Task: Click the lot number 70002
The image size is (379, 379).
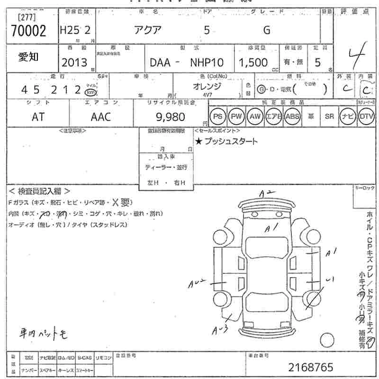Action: [x=28, y=31]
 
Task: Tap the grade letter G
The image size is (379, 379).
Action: [x=267, y=30]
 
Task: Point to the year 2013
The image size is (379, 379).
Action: [x=74, y=62]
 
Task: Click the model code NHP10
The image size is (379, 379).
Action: [x=207, y=62]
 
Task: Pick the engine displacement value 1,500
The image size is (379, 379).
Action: [x=254, y=62]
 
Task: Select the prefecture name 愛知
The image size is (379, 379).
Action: [x=28, y=57]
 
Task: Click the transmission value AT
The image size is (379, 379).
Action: [x=38, y=117]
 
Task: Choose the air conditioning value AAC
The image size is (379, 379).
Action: [x=100, y=117]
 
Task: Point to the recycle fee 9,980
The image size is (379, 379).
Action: [x=170, y=117]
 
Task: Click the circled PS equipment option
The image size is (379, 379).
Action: [x=218, y=116]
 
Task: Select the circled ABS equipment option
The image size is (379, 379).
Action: [x=292, y=116]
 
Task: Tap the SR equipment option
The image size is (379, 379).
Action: [x=329, y=116]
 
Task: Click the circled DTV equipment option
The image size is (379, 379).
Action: [x=365, y=116]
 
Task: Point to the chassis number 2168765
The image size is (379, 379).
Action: [x=311, y=367]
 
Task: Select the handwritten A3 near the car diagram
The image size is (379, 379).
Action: [x=218, y=330]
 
